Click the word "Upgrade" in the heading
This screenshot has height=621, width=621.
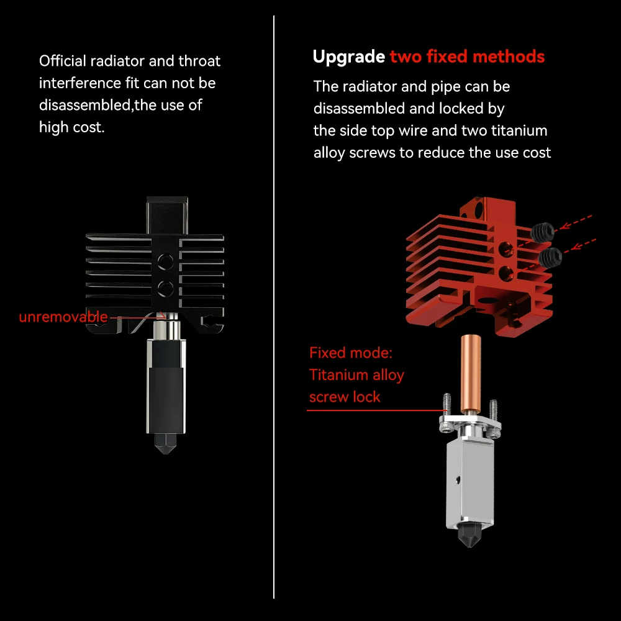(348, 57)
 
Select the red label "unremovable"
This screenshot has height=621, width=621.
(63, 317)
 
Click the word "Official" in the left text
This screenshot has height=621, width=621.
(63, 61)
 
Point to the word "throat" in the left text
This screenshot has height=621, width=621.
(199, 61)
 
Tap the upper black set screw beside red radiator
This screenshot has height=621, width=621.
(542, 232)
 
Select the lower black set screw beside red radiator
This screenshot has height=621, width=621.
(550, 258)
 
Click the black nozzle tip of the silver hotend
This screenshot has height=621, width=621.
(469, 535)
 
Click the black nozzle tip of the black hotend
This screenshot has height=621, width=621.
(166, 443)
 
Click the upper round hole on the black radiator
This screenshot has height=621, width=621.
(166, 261)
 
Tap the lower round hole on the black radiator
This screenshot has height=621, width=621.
(166, 289)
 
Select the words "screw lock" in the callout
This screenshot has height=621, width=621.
(345, 397)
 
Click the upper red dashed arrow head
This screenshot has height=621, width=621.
(564, 226)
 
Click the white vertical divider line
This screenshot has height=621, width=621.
(274, 307)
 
